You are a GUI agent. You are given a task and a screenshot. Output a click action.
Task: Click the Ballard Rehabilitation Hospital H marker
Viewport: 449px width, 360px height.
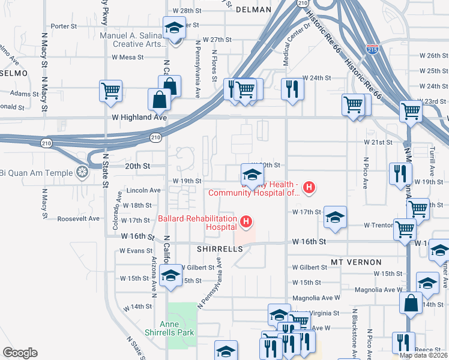tap(246, 223)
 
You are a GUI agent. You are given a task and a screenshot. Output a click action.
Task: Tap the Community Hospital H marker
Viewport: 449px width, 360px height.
tap(309, 188)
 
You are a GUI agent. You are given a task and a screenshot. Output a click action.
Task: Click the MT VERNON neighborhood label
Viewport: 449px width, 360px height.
tap(356, 262)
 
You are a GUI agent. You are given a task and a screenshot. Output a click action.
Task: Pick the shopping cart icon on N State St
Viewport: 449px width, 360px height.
tap(111, 91)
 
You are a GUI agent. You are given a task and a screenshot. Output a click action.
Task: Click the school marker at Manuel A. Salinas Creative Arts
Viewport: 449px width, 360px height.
tap(175, 28)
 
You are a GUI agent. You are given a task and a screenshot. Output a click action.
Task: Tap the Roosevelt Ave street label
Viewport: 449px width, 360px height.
tap(78, 218)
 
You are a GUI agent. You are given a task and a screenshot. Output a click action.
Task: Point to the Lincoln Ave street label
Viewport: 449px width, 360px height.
tap(143, 190)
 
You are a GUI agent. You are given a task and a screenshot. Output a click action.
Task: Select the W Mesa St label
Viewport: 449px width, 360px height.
tap(128, 58)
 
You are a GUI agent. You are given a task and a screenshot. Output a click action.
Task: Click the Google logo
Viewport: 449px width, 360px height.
tap(19, 353)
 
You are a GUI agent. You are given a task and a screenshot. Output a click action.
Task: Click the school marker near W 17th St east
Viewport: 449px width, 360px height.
tap(335, 217)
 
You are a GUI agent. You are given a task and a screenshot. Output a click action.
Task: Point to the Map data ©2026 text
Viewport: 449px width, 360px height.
tap(423, 355)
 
